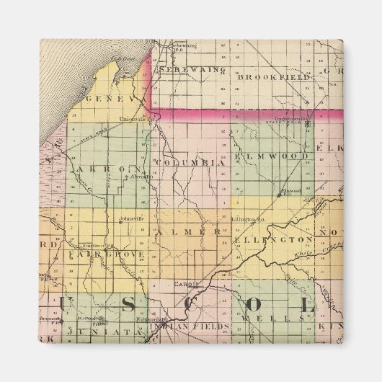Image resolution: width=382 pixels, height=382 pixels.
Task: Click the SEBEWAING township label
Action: (194, 70)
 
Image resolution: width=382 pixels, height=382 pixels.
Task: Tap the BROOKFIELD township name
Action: (275, 76)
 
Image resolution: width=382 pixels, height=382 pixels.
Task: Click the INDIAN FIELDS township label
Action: (189, 327)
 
